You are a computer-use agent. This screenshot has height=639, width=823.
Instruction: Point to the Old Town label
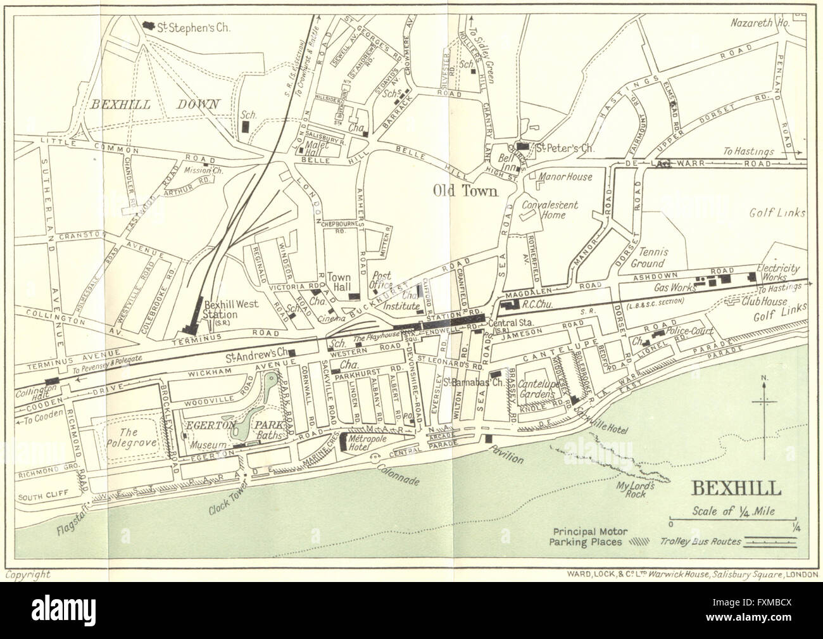465,189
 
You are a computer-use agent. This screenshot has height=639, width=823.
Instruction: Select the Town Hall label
339,282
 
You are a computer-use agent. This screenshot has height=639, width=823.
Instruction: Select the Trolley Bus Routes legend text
694,541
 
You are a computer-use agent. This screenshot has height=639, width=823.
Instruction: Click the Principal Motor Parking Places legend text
587,537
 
